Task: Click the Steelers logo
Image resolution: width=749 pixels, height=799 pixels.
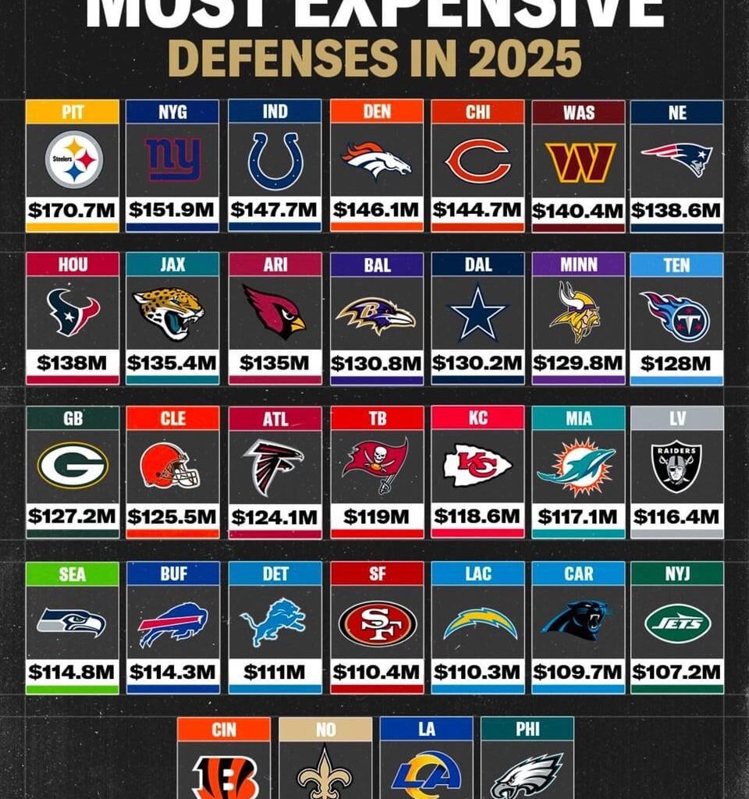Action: (x=73, y=159)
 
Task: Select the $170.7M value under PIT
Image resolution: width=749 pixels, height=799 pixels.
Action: (x=72, y=210)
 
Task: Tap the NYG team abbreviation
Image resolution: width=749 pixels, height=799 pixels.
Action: (x=172, y=112)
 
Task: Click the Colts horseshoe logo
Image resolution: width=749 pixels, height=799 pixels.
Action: (x=274, y=160)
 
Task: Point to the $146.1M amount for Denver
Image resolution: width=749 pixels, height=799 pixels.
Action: (x=377, y=210)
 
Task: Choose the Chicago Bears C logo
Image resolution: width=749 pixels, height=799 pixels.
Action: (x=477, y=161)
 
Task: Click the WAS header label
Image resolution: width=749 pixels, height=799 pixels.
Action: (x=578, y=112)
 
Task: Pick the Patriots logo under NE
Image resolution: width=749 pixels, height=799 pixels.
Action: (x=676, y=158)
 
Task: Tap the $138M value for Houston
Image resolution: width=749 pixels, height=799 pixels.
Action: (x=72, y=363)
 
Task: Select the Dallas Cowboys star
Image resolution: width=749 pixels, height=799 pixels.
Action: (x=477, y=313)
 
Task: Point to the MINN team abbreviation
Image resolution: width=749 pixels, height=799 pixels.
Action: (x=578, y=265)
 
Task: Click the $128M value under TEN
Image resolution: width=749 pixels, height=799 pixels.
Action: (x=676, y=363)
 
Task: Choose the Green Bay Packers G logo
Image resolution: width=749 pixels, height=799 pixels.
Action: (x=73, y=465)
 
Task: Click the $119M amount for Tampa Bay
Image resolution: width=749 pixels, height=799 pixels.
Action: (x=377, y=517)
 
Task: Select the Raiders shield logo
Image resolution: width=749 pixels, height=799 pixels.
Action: (x=676, y=466)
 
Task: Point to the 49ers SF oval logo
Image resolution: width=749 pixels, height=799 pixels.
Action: (x=377, y=623)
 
